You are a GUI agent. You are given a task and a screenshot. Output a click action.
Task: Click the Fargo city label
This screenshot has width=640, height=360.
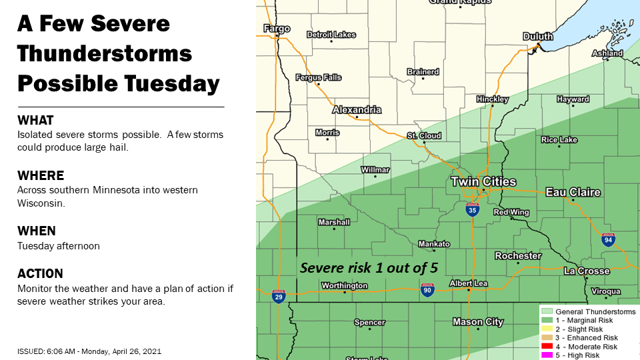[277, 29]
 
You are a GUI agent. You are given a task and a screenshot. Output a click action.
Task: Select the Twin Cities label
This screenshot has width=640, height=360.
[483, 181]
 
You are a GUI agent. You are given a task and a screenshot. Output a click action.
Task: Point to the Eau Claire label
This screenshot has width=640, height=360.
[573, 192]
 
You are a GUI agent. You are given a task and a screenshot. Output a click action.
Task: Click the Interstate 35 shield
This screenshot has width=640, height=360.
[472, 210]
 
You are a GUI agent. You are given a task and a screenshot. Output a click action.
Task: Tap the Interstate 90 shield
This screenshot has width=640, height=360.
[427, 290]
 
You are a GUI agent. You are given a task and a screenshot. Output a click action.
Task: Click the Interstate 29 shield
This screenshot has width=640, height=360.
[279, 297]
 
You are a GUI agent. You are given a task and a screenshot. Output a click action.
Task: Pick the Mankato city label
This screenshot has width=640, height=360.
[433, 244]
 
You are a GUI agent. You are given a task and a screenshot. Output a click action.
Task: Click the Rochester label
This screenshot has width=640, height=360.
[518, 256]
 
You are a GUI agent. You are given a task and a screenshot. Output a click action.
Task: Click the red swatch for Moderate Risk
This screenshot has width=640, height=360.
[546, 347]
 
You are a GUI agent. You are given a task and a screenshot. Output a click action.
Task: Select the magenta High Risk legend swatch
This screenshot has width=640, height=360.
[546, 355]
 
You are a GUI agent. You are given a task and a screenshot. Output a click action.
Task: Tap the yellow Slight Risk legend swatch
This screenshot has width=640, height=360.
[546, 329]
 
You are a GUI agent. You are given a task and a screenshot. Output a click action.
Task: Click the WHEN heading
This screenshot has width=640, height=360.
[36, 231]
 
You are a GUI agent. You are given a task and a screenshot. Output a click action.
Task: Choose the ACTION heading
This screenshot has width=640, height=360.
[40, 273]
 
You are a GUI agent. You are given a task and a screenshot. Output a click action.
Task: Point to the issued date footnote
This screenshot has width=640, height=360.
[89, 351]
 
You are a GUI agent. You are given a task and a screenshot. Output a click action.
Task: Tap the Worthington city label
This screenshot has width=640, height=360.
[343, 285]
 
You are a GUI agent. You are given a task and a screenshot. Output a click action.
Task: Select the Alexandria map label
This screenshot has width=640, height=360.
[357, 109]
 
